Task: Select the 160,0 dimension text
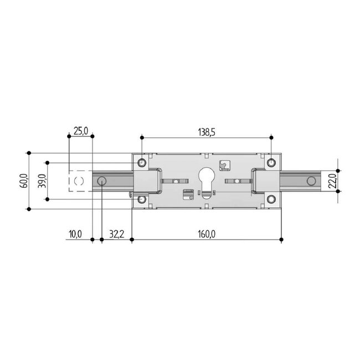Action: (205, 234)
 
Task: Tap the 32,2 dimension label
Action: (117, 234)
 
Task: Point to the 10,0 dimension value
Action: (75, 234)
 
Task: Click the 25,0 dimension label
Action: (80, 131)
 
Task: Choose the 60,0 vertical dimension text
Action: (23, 181)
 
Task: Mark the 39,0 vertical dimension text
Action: (42, 181)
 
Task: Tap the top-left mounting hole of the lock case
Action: (142, 162)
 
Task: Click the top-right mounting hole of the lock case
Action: (271, 162)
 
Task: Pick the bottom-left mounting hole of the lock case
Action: (142, 199)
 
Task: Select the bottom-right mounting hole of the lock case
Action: (271, 199)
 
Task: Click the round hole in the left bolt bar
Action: (102, 181)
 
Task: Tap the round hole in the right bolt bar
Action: (311, 181)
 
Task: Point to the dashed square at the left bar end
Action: (79, 181)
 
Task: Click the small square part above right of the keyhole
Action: (224, 165)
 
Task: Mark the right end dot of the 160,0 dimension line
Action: (281, 239)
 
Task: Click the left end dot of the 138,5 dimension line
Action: (142, 136)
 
